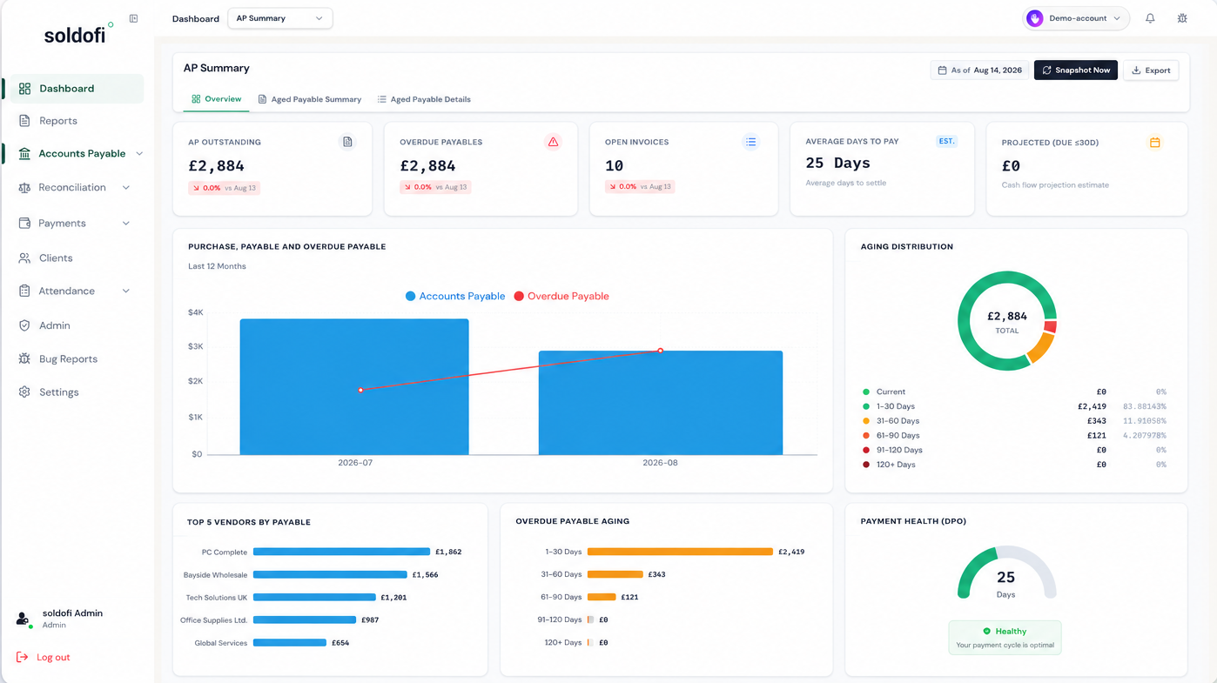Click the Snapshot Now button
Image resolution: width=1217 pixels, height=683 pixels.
click(1075, 70)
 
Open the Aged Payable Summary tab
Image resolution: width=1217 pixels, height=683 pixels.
click(310, 99)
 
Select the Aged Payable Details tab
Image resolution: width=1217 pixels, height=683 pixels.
click(424, 99)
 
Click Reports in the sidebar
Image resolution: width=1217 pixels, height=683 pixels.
click(58, 121)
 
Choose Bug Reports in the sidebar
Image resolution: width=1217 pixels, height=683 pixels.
click(69, 358)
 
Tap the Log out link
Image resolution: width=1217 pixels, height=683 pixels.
click(53, 657)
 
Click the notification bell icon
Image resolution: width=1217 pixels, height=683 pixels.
click(1150, 18)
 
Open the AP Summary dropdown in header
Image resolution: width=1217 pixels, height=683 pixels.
click(279, 18)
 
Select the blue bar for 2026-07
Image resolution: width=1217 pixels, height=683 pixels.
click(354, 386)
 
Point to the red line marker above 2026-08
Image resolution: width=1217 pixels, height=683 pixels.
click(660, 351)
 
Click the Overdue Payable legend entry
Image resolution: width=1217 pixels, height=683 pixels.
click(561, 296)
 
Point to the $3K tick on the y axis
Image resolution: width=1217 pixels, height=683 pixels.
click(196, 346)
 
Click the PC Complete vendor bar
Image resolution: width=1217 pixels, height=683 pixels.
click(342, 552)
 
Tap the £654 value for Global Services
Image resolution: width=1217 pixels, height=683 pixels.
click(340, 643)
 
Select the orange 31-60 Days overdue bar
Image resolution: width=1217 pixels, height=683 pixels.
click(615, 574)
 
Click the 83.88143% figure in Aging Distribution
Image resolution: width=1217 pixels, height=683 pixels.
click(1145, 406)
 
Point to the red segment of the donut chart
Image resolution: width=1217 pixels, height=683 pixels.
click(1050, 326)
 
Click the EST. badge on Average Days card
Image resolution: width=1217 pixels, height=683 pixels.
click(946, 141)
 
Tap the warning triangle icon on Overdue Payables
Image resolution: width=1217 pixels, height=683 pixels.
click(553, 142)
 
